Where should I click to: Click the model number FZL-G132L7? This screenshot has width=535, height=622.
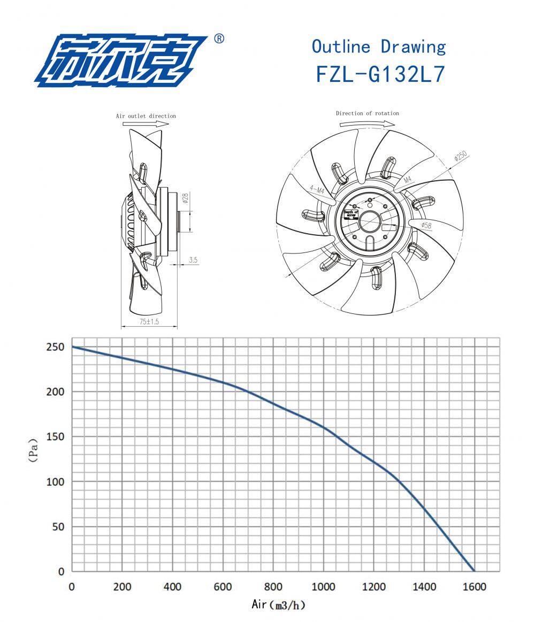[x=380, y=74]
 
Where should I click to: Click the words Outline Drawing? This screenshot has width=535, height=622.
[x=378, y=47]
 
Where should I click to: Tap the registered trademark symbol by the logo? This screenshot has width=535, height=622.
[x=219, y=39]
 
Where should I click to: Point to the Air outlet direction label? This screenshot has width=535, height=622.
[x=146, y=116]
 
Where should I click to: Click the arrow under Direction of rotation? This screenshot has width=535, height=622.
[x=367, y=123]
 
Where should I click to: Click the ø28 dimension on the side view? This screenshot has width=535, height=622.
[x=185, y=199]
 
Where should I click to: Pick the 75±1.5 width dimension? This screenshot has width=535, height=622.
[x=149, y=322]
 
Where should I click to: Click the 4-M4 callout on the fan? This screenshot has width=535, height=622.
[x=316, y=189]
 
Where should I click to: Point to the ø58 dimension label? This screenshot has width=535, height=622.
[x=426, y=226]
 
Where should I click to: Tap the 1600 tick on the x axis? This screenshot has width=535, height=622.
[x=473, y=587]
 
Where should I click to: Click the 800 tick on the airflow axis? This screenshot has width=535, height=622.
[x=273, y=587]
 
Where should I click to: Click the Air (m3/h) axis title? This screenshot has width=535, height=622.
[x=278, y=605]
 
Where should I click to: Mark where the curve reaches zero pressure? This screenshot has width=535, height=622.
[x=473, y=571]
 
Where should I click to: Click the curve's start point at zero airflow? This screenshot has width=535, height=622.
[x=72, y=347]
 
